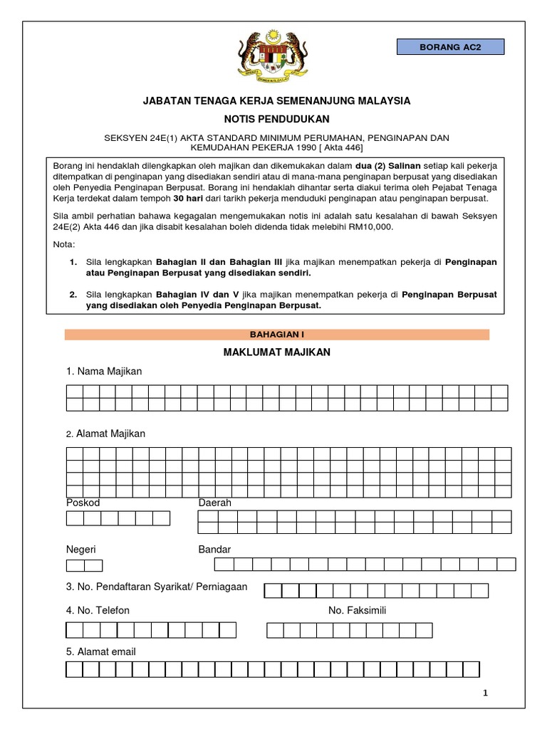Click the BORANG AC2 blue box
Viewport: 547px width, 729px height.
(x=450, y=48)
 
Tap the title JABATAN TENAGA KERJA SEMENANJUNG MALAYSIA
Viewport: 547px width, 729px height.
(x=277, y=101)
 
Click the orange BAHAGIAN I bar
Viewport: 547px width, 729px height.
(x=277, y=334)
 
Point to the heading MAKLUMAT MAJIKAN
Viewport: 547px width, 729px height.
(x=277, y=352)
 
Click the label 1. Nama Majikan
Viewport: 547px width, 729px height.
(x=104, y=372)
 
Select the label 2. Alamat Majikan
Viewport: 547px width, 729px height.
(x=105, y=434)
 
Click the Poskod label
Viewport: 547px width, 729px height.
(x=83, y=503)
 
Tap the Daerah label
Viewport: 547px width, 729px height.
(x=214, y=503)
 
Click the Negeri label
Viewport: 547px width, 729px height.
(x=80, y=550)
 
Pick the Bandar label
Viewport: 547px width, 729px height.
(x=214, y=550)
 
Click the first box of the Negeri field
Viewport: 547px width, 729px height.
(x=75, y=566)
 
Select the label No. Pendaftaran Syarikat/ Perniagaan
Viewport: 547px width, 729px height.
(x=157, y=587)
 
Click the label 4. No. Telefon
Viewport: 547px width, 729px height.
(x=98, y=611)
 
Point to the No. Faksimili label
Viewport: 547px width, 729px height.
(x=357, y=611)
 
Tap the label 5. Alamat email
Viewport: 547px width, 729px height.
(x=100, y=651)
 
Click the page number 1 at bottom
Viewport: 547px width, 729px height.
(x=485, y=693)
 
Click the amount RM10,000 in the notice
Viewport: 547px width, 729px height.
(x=373, y=226)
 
